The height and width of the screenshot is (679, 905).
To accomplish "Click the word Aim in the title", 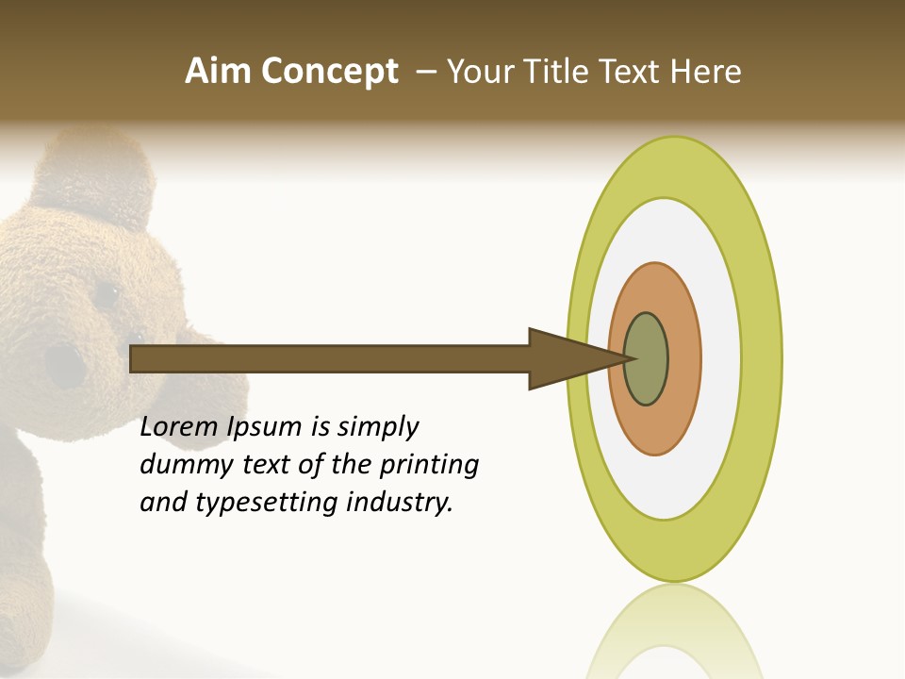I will tap(218, 72).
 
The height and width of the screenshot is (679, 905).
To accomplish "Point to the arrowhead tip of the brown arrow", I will tap(630, 358).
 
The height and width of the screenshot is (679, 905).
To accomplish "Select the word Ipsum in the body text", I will tap(265, 428).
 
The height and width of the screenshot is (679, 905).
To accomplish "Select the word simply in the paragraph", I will tap(377, 428).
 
